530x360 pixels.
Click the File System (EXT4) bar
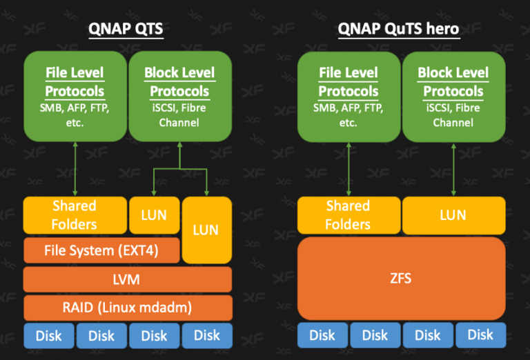(x=101, y=250)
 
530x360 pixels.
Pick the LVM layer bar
(x=127, y=279)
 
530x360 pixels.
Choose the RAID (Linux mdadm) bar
(x=127, y=308)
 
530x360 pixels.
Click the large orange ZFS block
(x=400, y=279)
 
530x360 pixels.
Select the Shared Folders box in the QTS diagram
(x=75, y=215)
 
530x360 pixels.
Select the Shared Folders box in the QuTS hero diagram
(x=348, y=215)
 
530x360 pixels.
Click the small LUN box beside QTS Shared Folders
(x=154, y=215)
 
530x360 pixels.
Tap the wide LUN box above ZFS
(x=453, y=215)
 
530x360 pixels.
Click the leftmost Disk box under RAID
(x=48, y=335)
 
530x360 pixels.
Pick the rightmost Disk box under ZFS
(x=480, y=335)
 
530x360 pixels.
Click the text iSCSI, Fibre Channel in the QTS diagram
(x=180, y=115)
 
